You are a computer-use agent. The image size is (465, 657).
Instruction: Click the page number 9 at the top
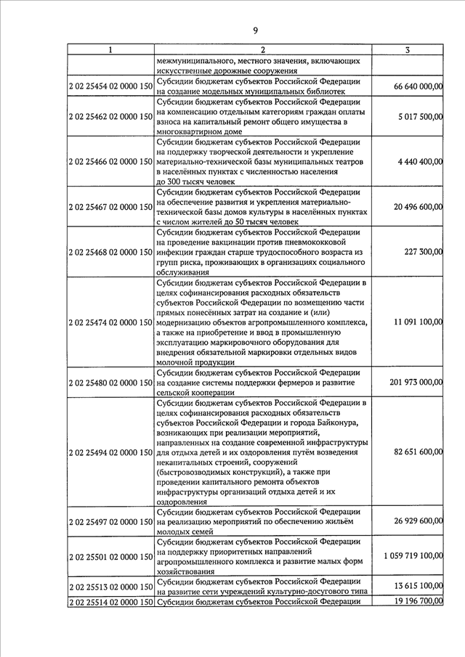pyautogui.click(x=255, y=30)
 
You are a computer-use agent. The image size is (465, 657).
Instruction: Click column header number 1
pyautogui.click(x=110, y=50)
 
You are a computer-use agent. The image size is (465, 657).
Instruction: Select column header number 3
pyautogui.click(x=408, y=50)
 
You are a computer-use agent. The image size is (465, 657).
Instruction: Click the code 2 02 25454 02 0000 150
pyautogui.click(x=110, y=86)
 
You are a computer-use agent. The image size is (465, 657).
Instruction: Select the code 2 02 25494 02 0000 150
pyautogui.click(x=110, y=452)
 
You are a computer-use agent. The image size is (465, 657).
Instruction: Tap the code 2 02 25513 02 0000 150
pyautogui.click(x=110, y=587)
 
